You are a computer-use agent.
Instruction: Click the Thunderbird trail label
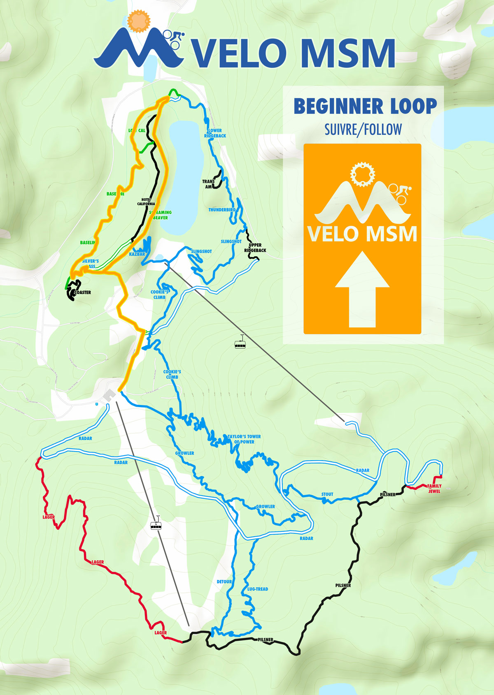(x=222, y=210)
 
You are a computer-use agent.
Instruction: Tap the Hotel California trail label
(x=146, y=202)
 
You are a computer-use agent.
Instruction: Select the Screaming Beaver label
(x=161, y=215)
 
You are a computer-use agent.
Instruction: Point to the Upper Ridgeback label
(x=255, y=248)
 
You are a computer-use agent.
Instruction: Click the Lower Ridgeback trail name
(x=215, y=133)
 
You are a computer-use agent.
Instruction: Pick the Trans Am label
(x=208, y=184)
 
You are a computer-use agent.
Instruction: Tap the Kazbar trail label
(x=137, y=254)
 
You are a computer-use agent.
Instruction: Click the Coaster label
(x=82, y=292)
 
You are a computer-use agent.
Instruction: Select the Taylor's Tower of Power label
(x=245, y=439)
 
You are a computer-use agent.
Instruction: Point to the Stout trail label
(x=327, y=494)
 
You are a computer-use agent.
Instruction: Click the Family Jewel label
(x=434, y=489)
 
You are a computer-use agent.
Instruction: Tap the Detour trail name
(x=224, y=581)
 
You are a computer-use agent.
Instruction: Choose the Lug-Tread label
(x=258, y=589)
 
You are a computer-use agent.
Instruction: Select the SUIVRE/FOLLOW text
(x=363, y=130)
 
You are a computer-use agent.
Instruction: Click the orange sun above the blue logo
(x=139, y=21)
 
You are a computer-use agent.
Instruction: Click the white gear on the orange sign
(x=363, y=174)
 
